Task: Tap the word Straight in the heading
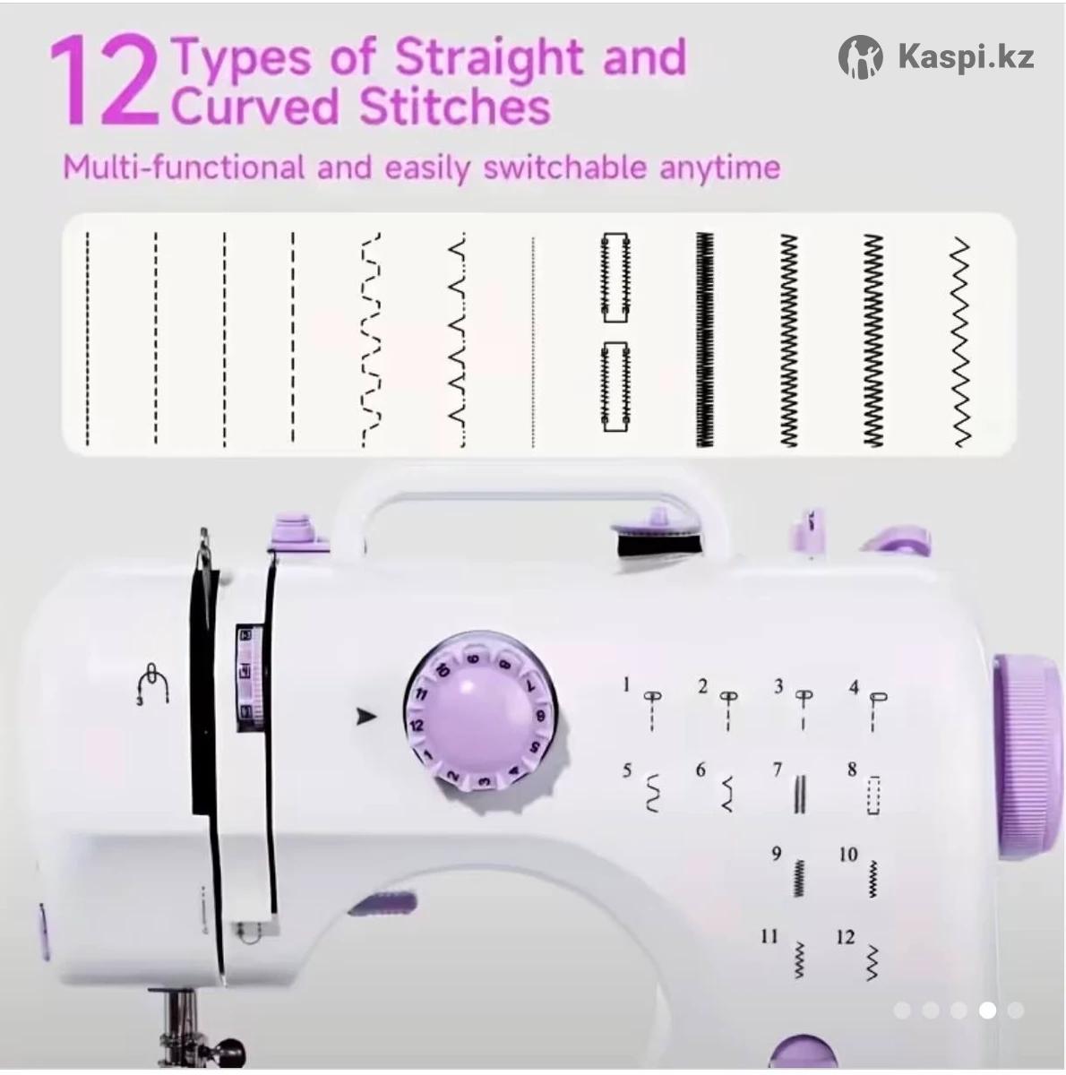[489, 58]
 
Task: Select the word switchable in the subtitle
[563, 167]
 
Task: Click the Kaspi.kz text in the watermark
[966, 57]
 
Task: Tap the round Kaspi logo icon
[860, 57]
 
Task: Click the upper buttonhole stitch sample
[615, 277]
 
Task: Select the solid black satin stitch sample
[705, 340]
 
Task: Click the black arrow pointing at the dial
[366, 716]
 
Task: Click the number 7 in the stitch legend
[778, 770]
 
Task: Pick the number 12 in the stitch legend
[845, 937]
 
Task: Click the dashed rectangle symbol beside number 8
[873, 795]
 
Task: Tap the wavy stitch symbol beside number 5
[653, 793]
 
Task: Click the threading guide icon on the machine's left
[152, 684]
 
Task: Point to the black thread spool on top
[659, 543]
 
